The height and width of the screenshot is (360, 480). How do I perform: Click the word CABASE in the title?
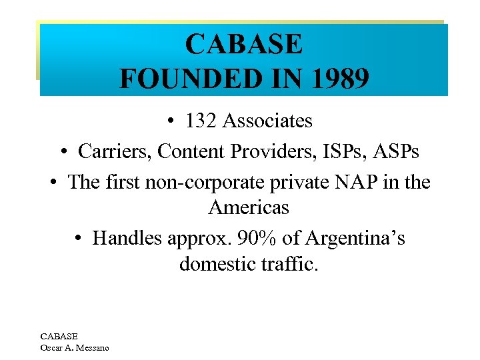click(x=244, y=45)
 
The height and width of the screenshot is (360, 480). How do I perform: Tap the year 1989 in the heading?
click(x=337, y=79)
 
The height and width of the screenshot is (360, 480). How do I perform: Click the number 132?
click(x=201, y=121)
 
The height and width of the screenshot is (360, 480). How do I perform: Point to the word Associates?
click(x=267, y=121)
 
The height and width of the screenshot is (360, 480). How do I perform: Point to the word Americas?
click(x=249, y=207)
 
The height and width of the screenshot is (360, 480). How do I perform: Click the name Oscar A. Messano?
click(x=75, y=347)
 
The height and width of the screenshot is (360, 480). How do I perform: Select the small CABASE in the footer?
click(x=59, y=337)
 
